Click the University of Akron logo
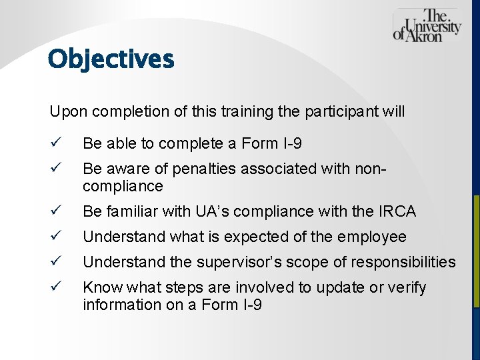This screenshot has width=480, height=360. pos(427,26)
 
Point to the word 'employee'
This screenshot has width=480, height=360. pos(375,237)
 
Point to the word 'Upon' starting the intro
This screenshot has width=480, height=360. pos(65,111)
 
